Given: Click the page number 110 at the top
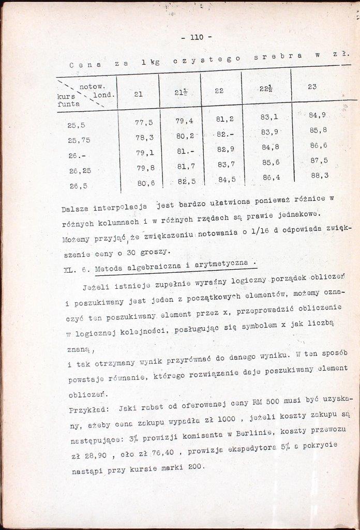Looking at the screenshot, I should tap(197, 37).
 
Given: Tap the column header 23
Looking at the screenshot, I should tap(312, 86).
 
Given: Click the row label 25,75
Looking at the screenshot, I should tap(79, 140).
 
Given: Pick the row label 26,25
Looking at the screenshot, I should tap(79, 170).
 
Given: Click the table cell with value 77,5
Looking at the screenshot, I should tap(144, 123).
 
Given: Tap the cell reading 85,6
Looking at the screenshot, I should tap(271, 162).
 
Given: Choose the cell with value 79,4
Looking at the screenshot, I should tap(184, 121).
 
